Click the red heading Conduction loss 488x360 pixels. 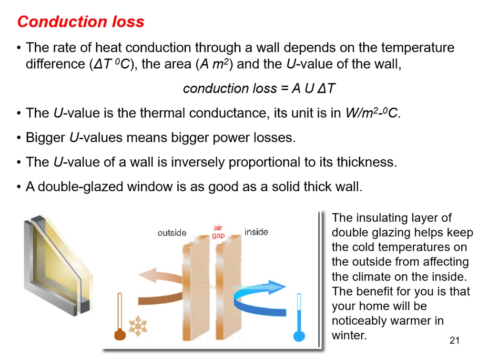(x=81, y=22)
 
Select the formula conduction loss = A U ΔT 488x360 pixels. (x=260, y=89)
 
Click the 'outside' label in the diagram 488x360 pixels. (x=172, y=233)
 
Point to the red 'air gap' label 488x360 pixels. (x=218, y=232)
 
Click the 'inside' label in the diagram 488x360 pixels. (x=256, y=232)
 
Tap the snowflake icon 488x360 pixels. (x=138, y=326)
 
